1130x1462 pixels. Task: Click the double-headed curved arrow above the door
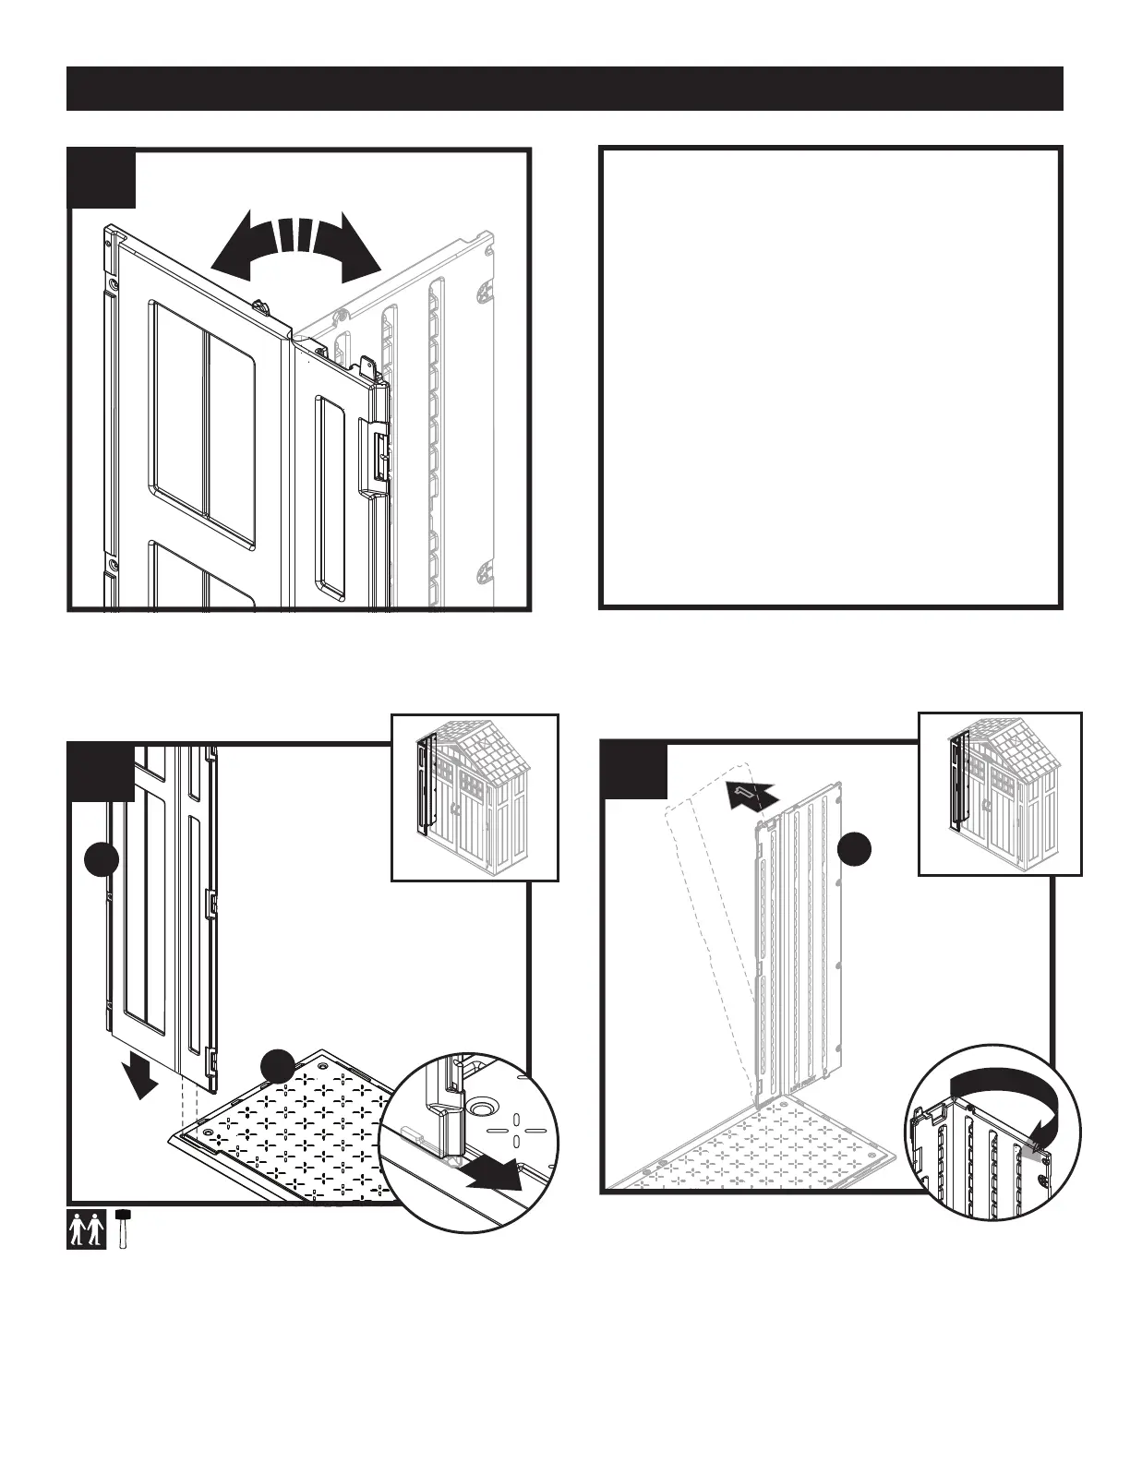click(295, 246)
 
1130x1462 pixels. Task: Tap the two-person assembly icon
click(88, 1228)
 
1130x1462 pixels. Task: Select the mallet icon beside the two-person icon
click(123, 1227)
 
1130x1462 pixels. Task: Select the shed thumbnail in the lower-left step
click(475, 797)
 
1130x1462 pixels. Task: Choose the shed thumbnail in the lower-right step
click(1000, 793)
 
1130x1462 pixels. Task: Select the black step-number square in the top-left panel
click(103, 177)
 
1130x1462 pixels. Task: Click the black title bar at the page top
click(565, 89)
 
